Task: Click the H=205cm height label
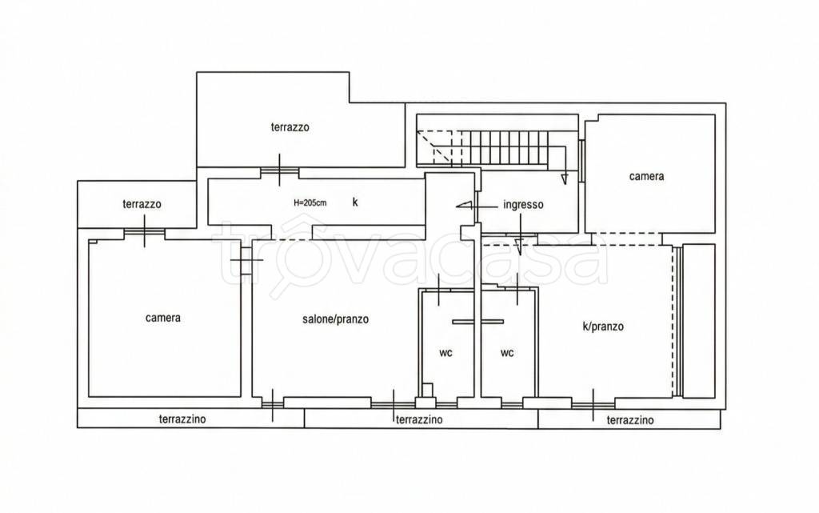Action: tap(310, 202)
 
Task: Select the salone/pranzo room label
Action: tap(335, 319)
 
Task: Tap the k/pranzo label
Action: tap(603, 327)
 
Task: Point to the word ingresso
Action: tap(523, 205)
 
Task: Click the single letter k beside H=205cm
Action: tap(355, 202)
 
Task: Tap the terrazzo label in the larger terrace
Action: tap(290, 127)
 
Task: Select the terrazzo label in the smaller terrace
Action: tap(142, 204)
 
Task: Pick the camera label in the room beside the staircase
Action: tap(646, 177)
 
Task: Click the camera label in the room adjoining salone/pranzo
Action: tap(163, 318)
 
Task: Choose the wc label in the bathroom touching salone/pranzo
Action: tap(445, 353)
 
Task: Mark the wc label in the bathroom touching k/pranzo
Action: tap(506, 353)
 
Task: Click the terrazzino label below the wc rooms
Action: tap(419, 419)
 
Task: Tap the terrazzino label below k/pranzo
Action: tap(630, 420)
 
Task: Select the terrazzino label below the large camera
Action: tap(182, 419)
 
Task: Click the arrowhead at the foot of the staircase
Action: tap(564, 179)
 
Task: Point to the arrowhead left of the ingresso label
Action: tap(465, 206)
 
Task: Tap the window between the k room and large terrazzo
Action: tap(280, 170)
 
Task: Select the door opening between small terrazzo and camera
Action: tap(145, 232)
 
